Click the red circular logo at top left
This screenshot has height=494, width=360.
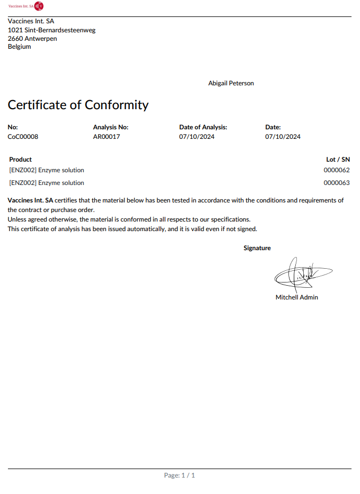click(39, 6)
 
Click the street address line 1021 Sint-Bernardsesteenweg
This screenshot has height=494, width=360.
click(51, 30)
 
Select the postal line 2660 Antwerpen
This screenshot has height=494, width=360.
click(32, 39)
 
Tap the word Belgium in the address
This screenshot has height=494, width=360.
click(20, 47)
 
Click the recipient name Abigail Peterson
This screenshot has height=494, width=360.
click(231, 83)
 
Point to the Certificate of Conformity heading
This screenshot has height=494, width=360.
click(78, 105)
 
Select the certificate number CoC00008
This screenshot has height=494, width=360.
click(23, 137)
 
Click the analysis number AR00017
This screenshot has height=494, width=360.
click(107, 137)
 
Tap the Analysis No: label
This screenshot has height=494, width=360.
click(110, 127)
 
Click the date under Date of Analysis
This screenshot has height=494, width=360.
click(197, 137)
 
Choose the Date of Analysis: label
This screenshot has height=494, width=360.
click(203, 127)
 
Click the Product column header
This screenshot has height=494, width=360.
click(21, 159)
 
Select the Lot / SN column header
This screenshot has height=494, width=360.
click(338, 159)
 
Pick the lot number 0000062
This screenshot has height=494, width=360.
click(337, 170)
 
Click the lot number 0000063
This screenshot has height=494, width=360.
click(337, 183)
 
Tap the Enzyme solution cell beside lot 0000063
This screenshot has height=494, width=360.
click(47, 183)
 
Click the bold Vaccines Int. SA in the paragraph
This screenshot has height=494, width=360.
click(30, 200)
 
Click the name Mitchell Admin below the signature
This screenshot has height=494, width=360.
click(296, 297)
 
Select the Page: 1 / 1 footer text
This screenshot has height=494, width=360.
click(180, 475)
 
